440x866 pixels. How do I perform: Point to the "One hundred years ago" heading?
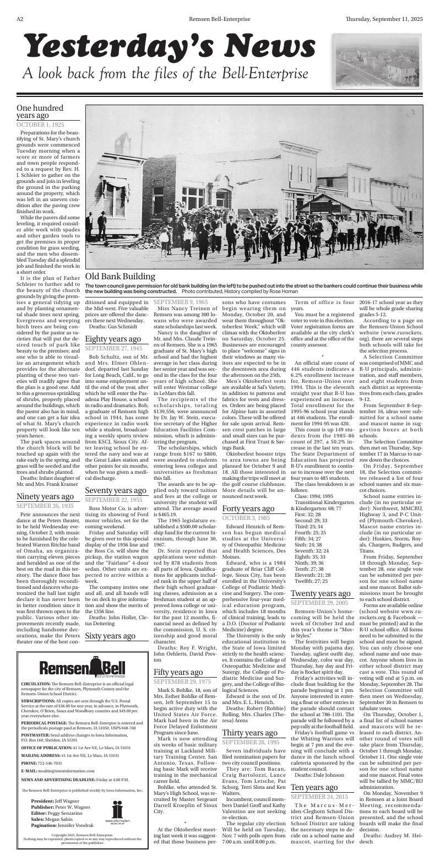coord(40,112)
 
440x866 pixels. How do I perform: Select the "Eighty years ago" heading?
coord(113,338)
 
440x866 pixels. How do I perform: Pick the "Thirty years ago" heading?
coord(249,732)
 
